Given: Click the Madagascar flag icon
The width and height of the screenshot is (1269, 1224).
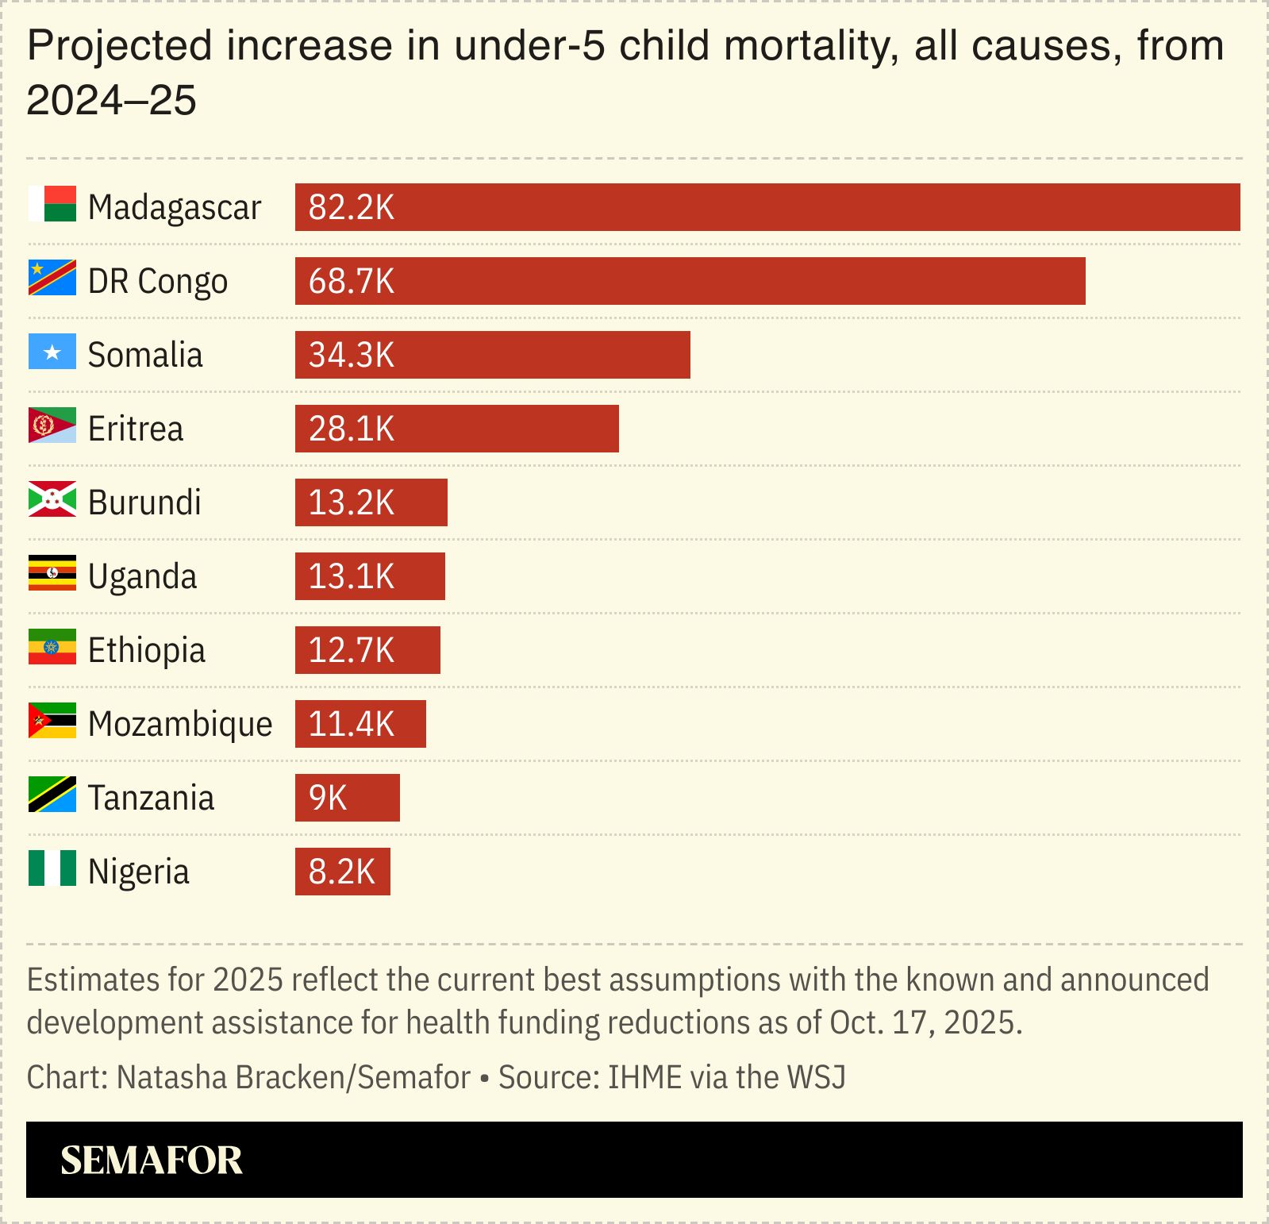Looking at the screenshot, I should [x=52, y=204].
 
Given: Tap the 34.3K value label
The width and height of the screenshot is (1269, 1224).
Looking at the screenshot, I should [x=351, y=355].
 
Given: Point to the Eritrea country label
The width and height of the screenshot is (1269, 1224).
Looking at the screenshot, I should [x=136, y=429].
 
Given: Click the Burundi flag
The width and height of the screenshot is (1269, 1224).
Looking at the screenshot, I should [x=52, y=499].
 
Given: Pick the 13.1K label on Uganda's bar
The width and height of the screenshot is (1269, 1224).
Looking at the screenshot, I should [x=351, y=576].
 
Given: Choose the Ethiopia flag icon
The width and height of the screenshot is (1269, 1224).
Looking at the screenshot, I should [x=52, y=647].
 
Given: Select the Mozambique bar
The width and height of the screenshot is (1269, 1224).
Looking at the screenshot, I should [x=360, y=724].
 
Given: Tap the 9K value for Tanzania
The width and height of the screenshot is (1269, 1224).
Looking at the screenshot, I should [x=328, y=798].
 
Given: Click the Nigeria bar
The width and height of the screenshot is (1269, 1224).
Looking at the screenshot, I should [x=342, y=872].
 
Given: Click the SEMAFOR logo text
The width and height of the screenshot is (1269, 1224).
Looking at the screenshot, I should [x=152, y=1160].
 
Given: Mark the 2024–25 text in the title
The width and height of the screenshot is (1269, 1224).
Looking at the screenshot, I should [x=112, y=101].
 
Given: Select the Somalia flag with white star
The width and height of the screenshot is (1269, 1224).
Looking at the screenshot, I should [x=52, y=352].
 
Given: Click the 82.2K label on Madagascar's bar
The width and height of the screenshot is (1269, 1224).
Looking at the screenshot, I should [x=351, y=207].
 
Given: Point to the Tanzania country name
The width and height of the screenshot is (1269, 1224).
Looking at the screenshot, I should [x=151, y=798].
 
